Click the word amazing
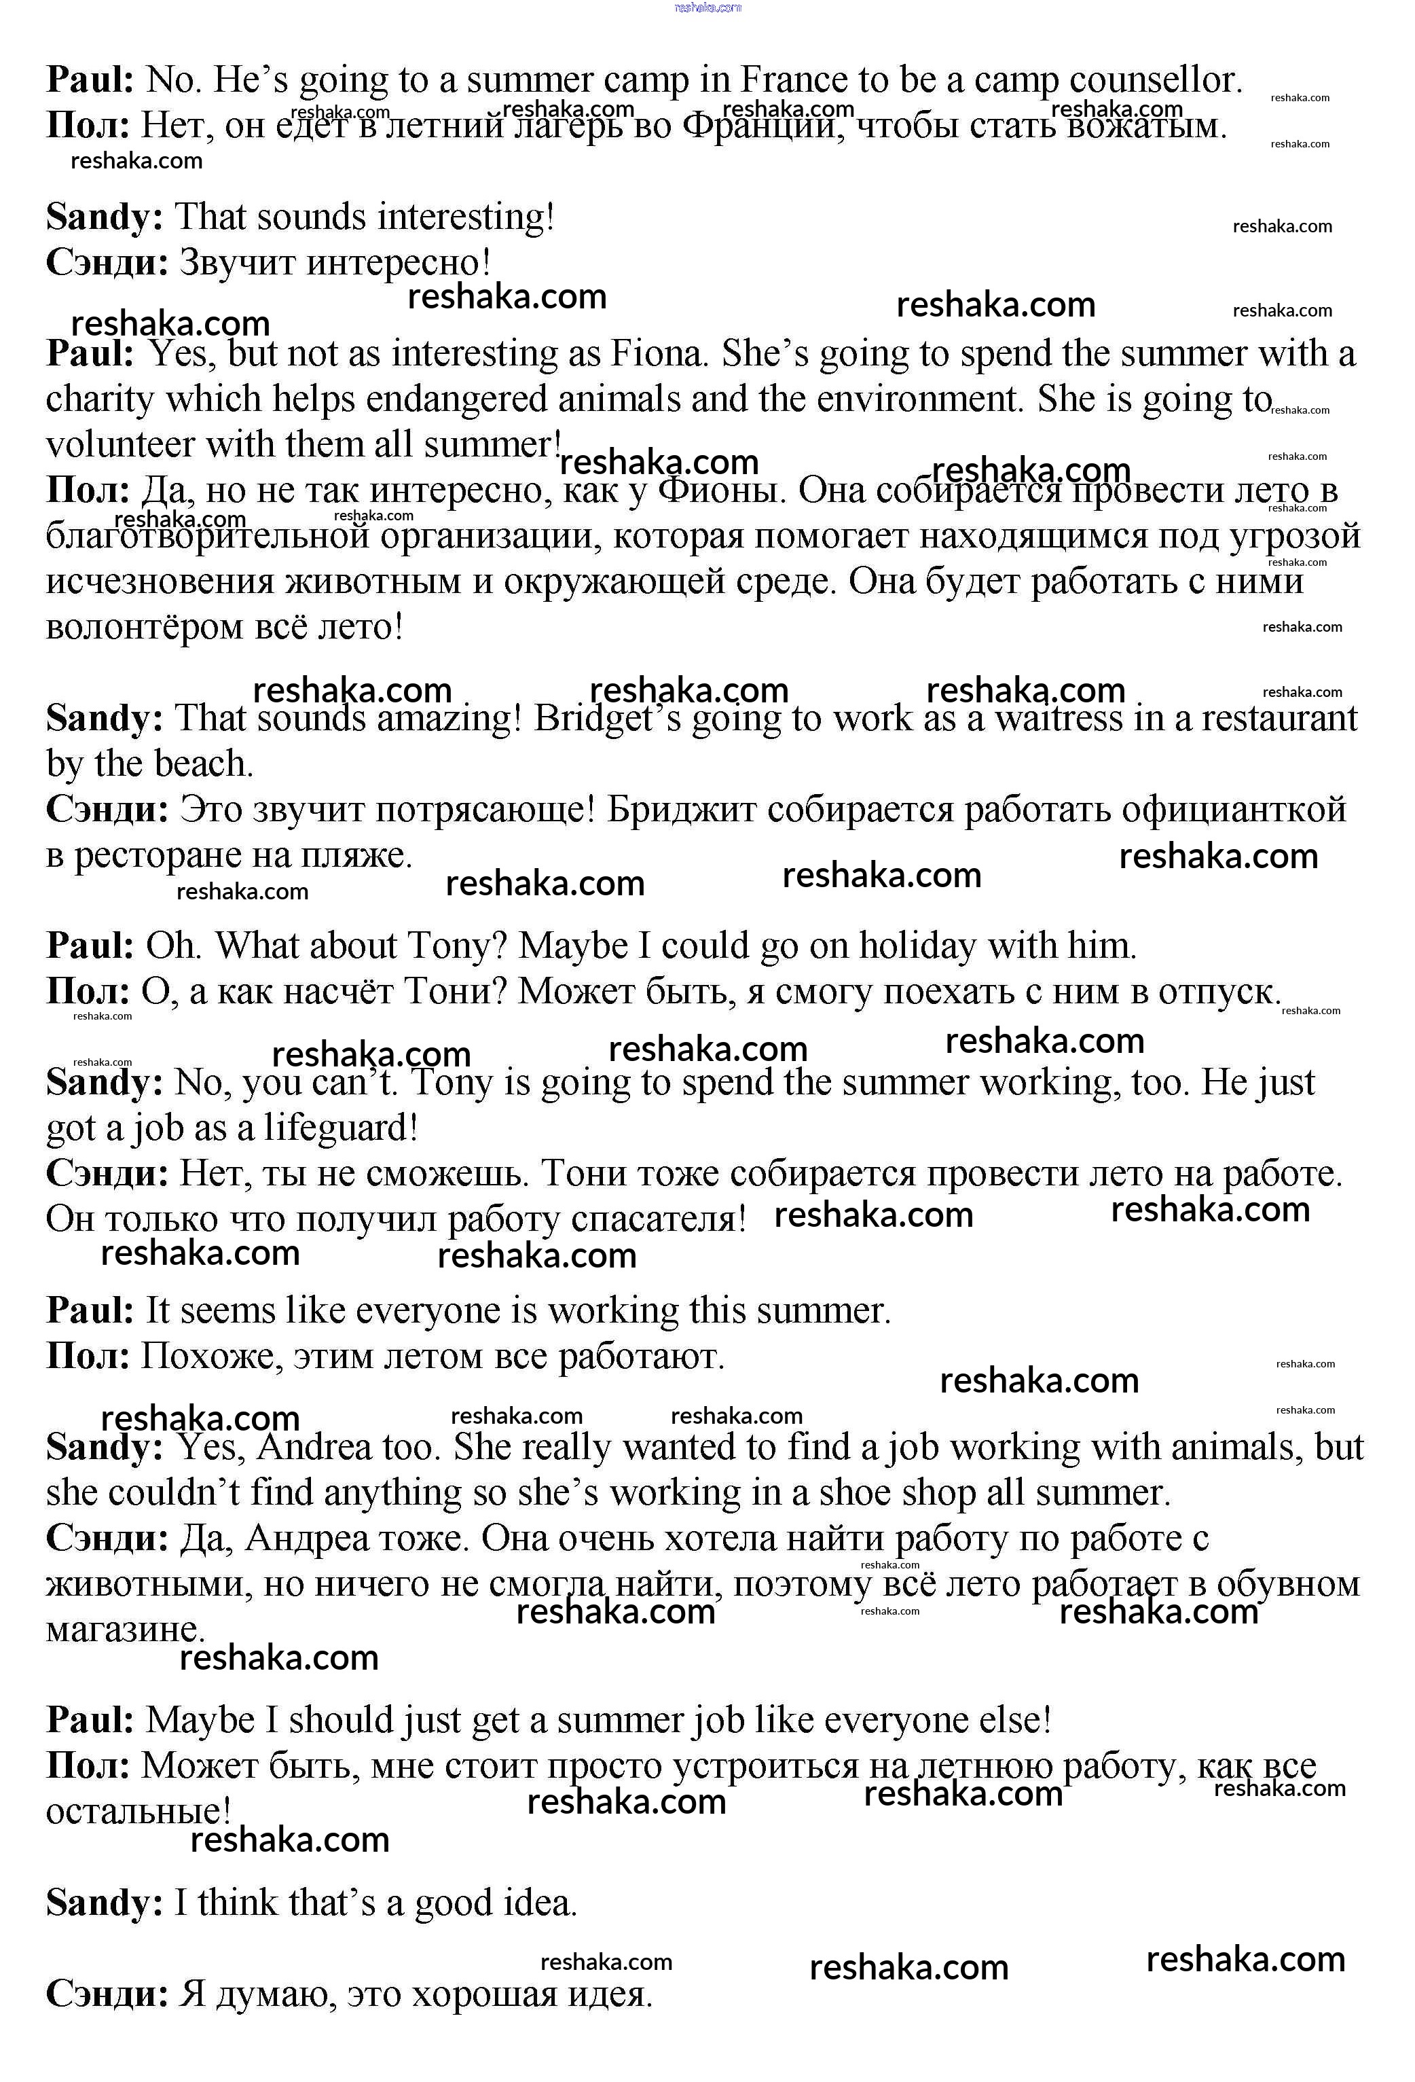[447, 719]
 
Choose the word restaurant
[1279, 719]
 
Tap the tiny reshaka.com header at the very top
[707, 7]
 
